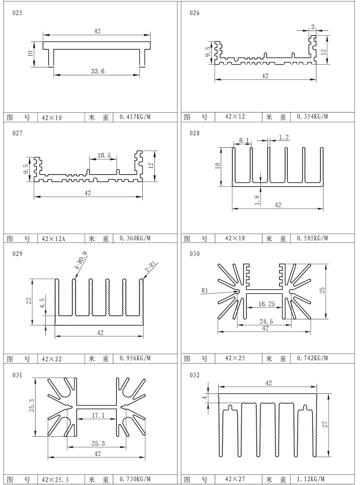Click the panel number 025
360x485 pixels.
click(x=17, y=13)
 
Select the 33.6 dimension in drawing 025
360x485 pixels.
click(x=98, y=71)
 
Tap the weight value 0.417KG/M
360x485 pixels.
click(x=135, y=117)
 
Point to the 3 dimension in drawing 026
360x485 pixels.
click(x=313, y=27)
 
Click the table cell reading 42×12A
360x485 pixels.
click(x=53, y=238)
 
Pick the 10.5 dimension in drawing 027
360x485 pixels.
click(x=104, y=155)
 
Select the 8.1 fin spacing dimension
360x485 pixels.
click(x=244, y=140)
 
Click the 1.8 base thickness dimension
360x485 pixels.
click(x=257, y=200)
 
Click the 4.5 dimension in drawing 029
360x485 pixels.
click(x=42, y=303)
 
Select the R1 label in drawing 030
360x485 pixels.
click(x=204, y=290)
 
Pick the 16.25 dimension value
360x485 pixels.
click(x=266, y=304)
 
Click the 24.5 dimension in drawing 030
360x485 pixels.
click(x=266, y=321)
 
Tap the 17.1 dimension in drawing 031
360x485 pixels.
click(x=98, y=415)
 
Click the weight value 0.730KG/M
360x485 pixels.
click(x=135, y=479)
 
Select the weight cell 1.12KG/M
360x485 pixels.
click(x=311, y=479)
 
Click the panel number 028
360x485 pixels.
click(x=195, y=133)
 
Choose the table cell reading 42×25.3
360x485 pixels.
click(x=55, y=480)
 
